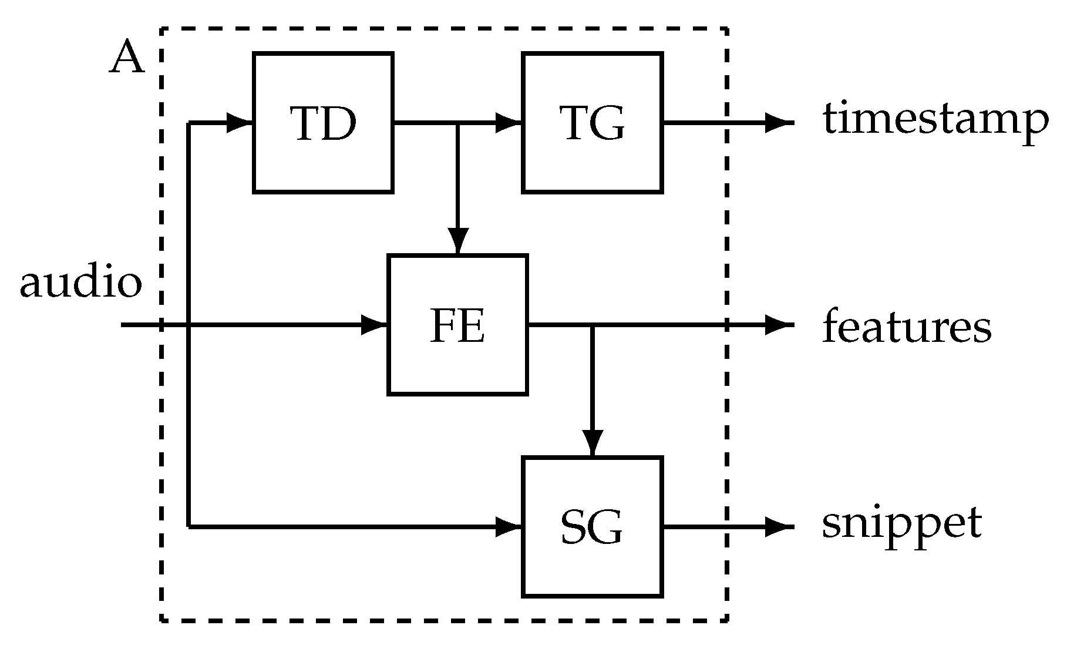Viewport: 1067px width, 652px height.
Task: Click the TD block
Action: point(323,123)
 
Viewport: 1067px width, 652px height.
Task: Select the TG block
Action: point(592,123)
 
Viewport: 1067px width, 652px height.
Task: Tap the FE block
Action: point(457,325)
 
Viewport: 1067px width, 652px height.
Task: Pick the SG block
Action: point(592,527)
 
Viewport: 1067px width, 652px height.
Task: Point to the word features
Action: point(906,326)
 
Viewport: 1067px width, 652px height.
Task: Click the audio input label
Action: point(80,283)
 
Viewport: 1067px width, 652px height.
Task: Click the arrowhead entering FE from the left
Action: point(375,325)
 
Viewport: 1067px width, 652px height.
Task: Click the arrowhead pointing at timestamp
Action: point(779,123)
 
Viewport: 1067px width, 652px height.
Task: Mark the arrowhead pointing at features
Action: point(779,325)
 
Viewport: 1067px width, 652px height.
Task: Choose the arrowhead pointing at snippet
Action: point(779,527)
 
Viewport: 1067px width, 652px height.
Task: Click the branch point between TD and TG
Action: point(458,123)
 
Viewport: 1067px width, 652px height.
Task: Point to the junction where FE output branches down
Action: point(592,325)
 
